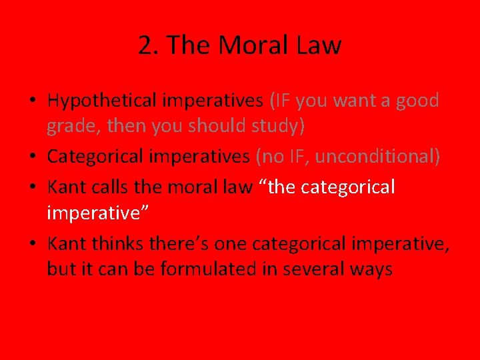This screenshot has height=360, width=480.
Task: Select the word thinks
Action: point(114,244)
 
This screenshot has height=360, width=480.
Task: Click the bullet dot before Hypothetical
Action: point(32,101)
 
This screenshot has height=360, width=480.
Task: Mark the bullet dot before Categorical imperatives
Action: point(32,157)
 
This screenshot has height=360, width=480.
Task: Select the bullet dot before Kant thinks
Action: point(32,245)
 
